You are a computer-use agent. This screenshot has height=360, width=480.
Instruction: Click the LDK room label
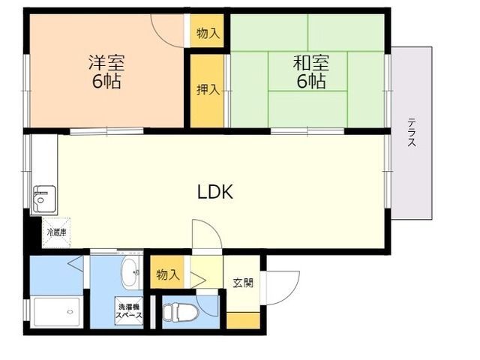[x=215, y=192]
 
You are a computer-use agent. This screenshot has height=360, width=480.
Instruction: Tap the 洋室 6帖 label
[x=106, y=73]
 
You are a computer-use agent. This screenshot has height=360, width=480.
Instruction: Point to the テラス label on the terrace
[x=412, y=132]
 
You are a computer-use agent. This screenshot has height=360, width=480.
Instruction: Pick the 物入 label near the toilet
[x=168, y=274]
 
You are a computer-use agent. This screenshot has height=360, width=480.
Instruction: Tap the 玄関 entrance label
[x=242, y=283]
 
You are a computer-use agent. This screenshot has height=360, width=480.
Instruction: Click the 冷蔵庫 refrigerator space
[x=57, y=232]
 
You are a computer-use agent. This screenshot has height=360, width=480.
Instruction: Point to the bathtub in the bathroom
[x=55, y=311]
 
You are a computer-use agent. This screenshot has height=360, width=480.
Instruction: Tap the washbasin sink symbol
[x=130, y=274]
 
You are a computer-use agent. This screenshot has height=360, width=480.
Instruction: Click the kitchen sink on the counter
[x=42, y=199]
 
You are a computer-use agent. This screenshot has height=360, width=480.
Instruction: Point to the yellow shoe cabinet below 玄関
[x=242, y=320]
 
